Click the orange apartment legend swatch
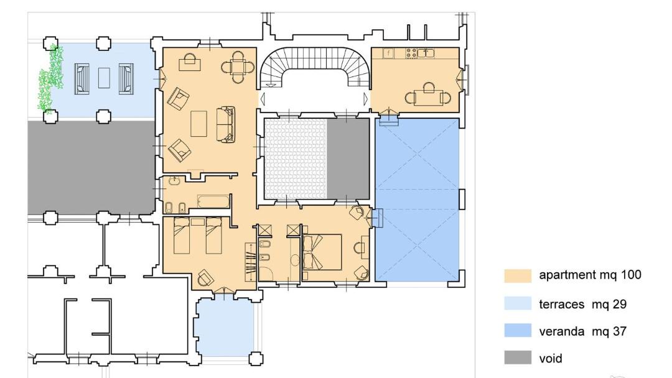pyautogui.click(x=517, y=275)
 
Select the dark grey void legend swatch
pyautogui.click(x=517, y=357)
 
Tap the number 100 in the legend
pyautogui.click(x=631, y=275)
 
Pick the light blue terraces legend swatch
pyautogui.click(x=517, y=303)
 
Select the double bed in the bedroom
pyautogui.click(x=322, y=252)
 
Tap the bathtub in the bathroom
pyautogui.click(x=213, y=202)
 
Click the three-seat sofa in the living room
pyautogui.click(x=225, y=124)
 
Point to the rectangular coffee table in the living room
pyautogui.click(x=198, y=124)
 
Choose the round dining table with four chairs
pyautogui.click(x=238, y=67)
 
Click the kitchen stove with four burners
pyautogui.click(x=411, y=53)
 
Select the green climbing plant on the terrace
pyautogui.click(x=51, y=77)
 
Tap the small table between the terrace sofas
pyautogui.click(x=104, y=78)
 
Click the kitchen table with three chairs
pyautogui.click(x=428, y=96)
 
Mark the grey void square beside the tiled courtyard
pyautogui.click(x=348, y=159)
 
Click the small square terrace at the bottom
pyautogui.click(x=225, y=327)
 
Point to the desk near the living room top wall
pyautogui.click(x=190, y=62)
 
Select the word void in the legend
pyautogui.click(x=550, y=358)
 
